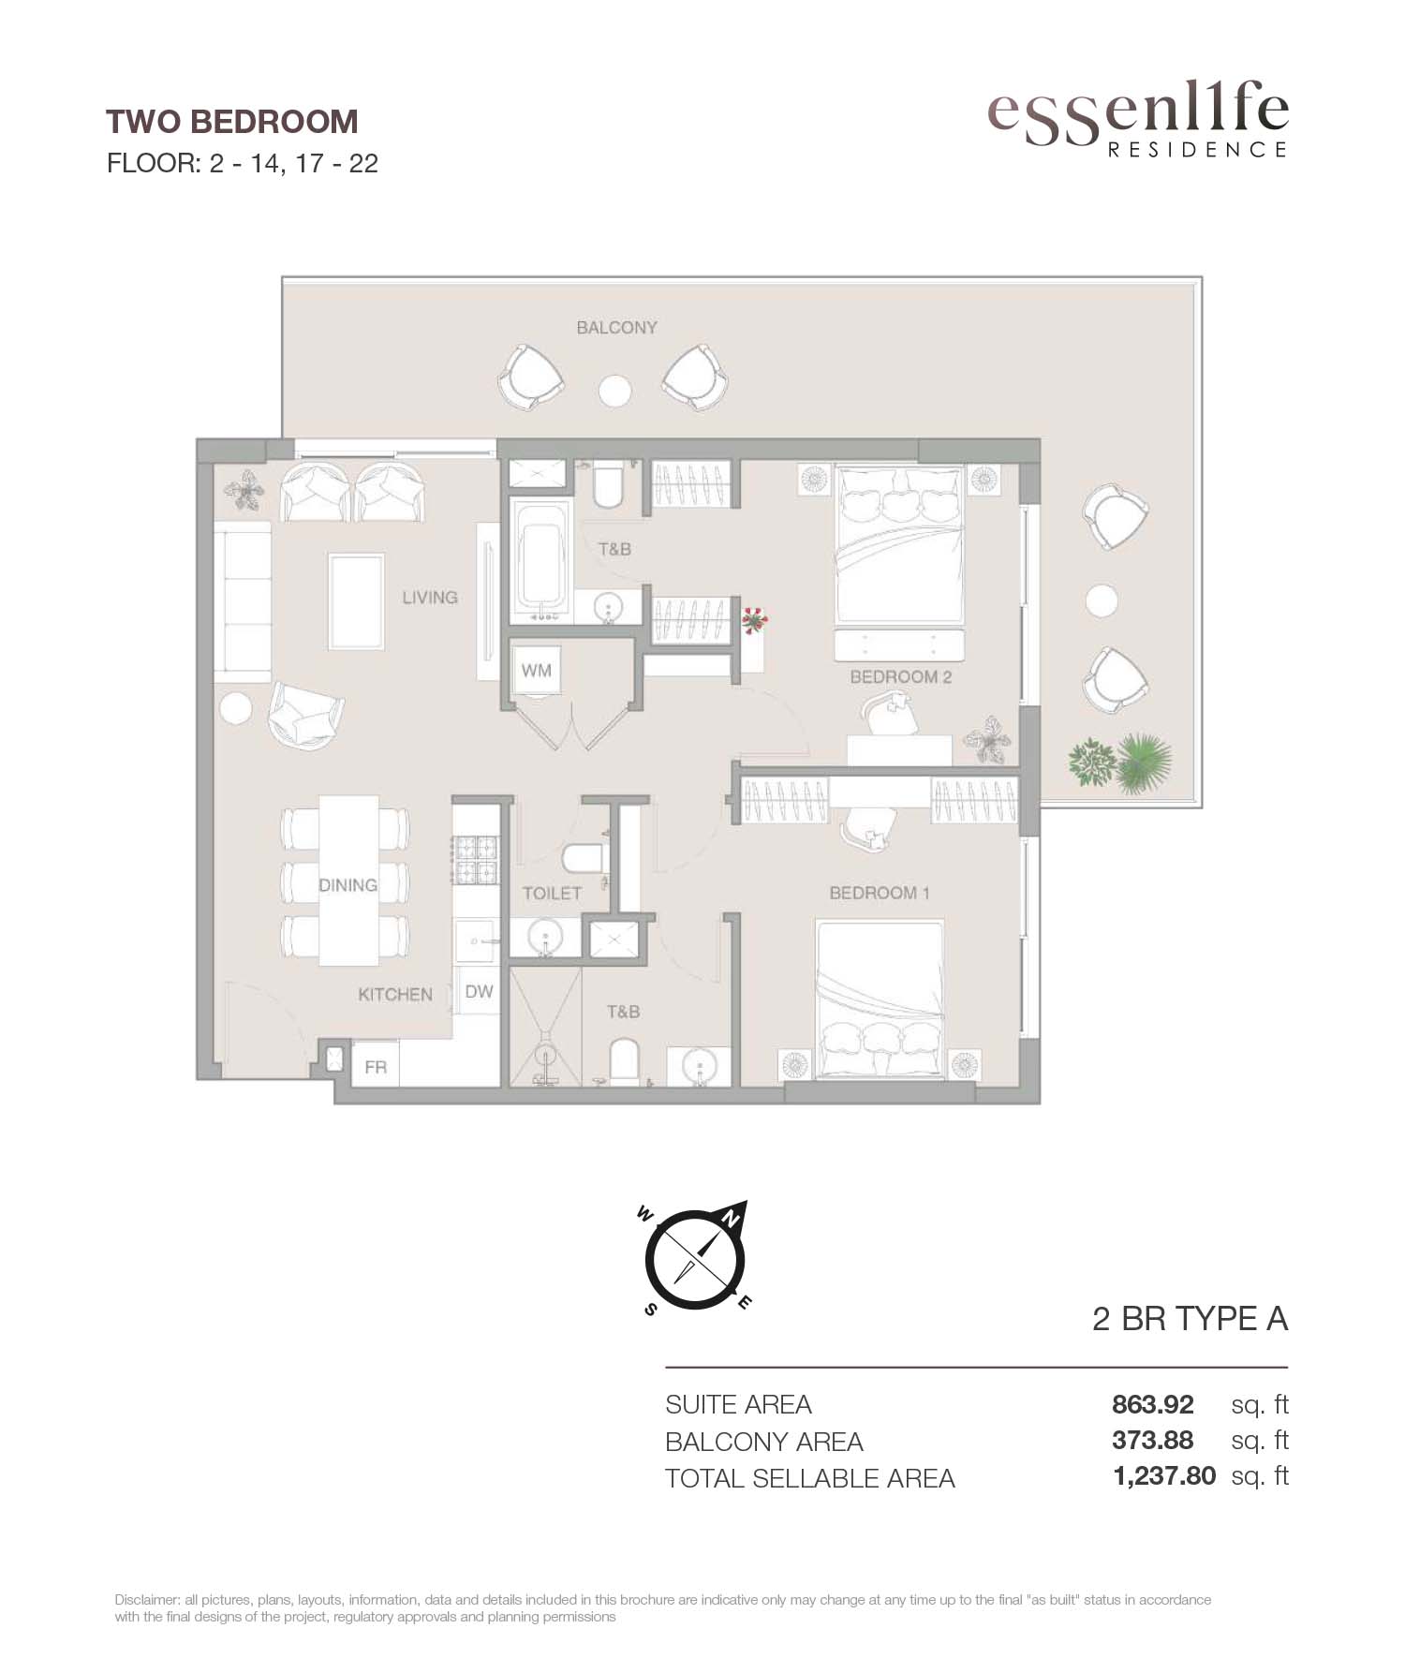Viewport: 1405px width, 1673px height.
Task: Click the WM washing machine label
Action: click(x=537, y=671)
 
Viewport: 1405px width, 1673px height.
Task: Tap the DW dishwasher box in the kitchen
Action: click(x=479, y=991)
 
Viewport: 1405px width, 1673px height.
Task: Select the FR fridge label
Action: click(x=376, y=1067)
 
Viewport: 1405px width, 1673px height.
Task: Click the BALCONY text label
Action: click(x=616, y=327)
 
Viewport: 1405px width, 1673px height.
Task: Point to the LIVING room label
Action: click(x=430, y=597)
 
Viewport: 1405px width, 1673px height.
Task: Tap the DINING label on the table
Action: click(x=348, y=885)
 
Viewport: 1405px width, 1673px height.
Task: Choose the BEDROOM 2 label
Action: click(x=900, y=676)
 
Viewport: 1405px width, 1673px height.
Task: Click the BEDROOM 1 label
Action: click(x=880, y=893)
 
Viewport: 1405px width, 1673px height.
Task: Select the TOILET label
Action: click(x=553, y=894)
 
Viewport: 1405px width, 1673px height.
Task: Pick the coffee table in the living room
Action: click(x=356, y=600)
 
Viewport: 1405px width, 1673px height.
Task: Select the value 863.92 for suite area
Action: click(x=1153, y=1405)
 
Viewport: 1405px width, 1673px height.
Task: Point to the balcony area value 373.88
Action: click(x=1153, y=1440)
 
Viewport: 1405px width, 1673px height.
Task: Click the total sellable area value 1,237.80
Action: click(x=1164, y=1476)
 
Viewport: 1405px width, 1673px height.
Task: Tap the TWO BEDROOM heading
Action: click(x=231, y=122)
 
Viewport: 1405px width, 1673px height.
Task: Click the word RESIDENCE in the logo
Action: click(x=1198, y=150)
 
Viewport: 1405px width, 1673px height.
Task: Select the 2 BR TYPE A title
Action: click(x=1191, y=1319)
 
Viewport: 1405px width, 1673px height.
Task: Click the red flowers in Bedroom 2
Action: click(x=753, y=619)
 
